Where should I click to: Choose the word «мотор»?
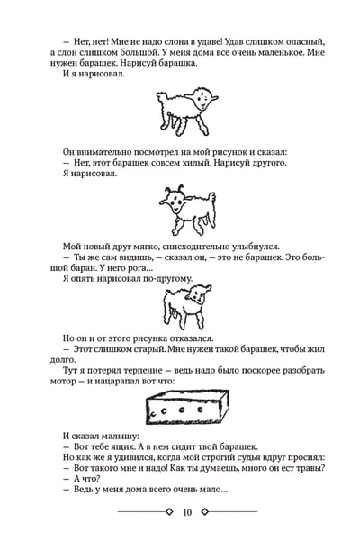(x=63, y=382)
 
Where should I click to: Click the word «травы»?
(x=310, y=468)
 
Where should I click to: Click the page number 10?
(x=187, y=512)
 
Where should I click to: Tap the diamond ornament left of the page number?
(x=169, y=512)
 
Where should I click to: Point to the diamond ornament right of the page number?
(x=204, y=512)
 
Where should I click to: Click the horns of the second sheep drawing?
(x=175, y=188)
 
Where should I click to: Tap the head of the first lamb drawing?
(x=203, y=99)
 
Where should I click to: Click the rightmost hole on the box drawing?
(x=201, y=410)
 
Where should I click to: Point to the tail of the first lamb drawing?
(x=162, y=97)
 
